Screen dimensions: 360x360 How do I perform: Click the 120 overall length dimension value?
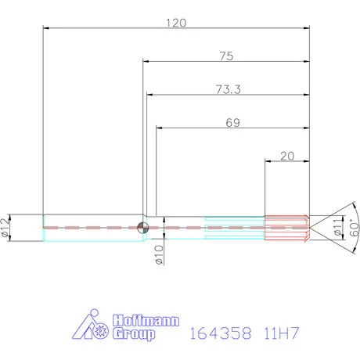point(175,23)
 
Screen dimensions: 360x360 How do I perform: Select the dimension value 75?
point(227,56)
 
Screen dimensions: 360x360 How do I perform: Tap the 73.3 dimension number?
point(227,89)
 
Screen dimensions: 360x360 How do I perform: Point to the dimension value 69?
point(232,123)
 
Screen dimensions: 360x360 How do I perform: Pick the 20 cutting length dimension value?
point(286,156)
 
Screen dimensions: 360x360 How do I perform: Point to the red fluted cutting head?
point(287,227)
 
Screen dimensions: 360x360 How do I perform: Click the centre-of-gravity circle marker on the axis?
point(143,227)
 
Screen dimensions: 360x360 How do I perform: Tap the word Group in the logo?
point(134,334)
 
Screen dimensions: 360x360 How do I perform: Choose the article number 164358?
point(220,333)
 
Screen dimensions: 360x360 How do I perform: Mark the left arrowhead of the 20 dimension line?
point(268,162)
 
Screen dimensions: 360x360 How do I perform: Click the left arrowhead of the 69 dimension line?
point(158,129)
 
